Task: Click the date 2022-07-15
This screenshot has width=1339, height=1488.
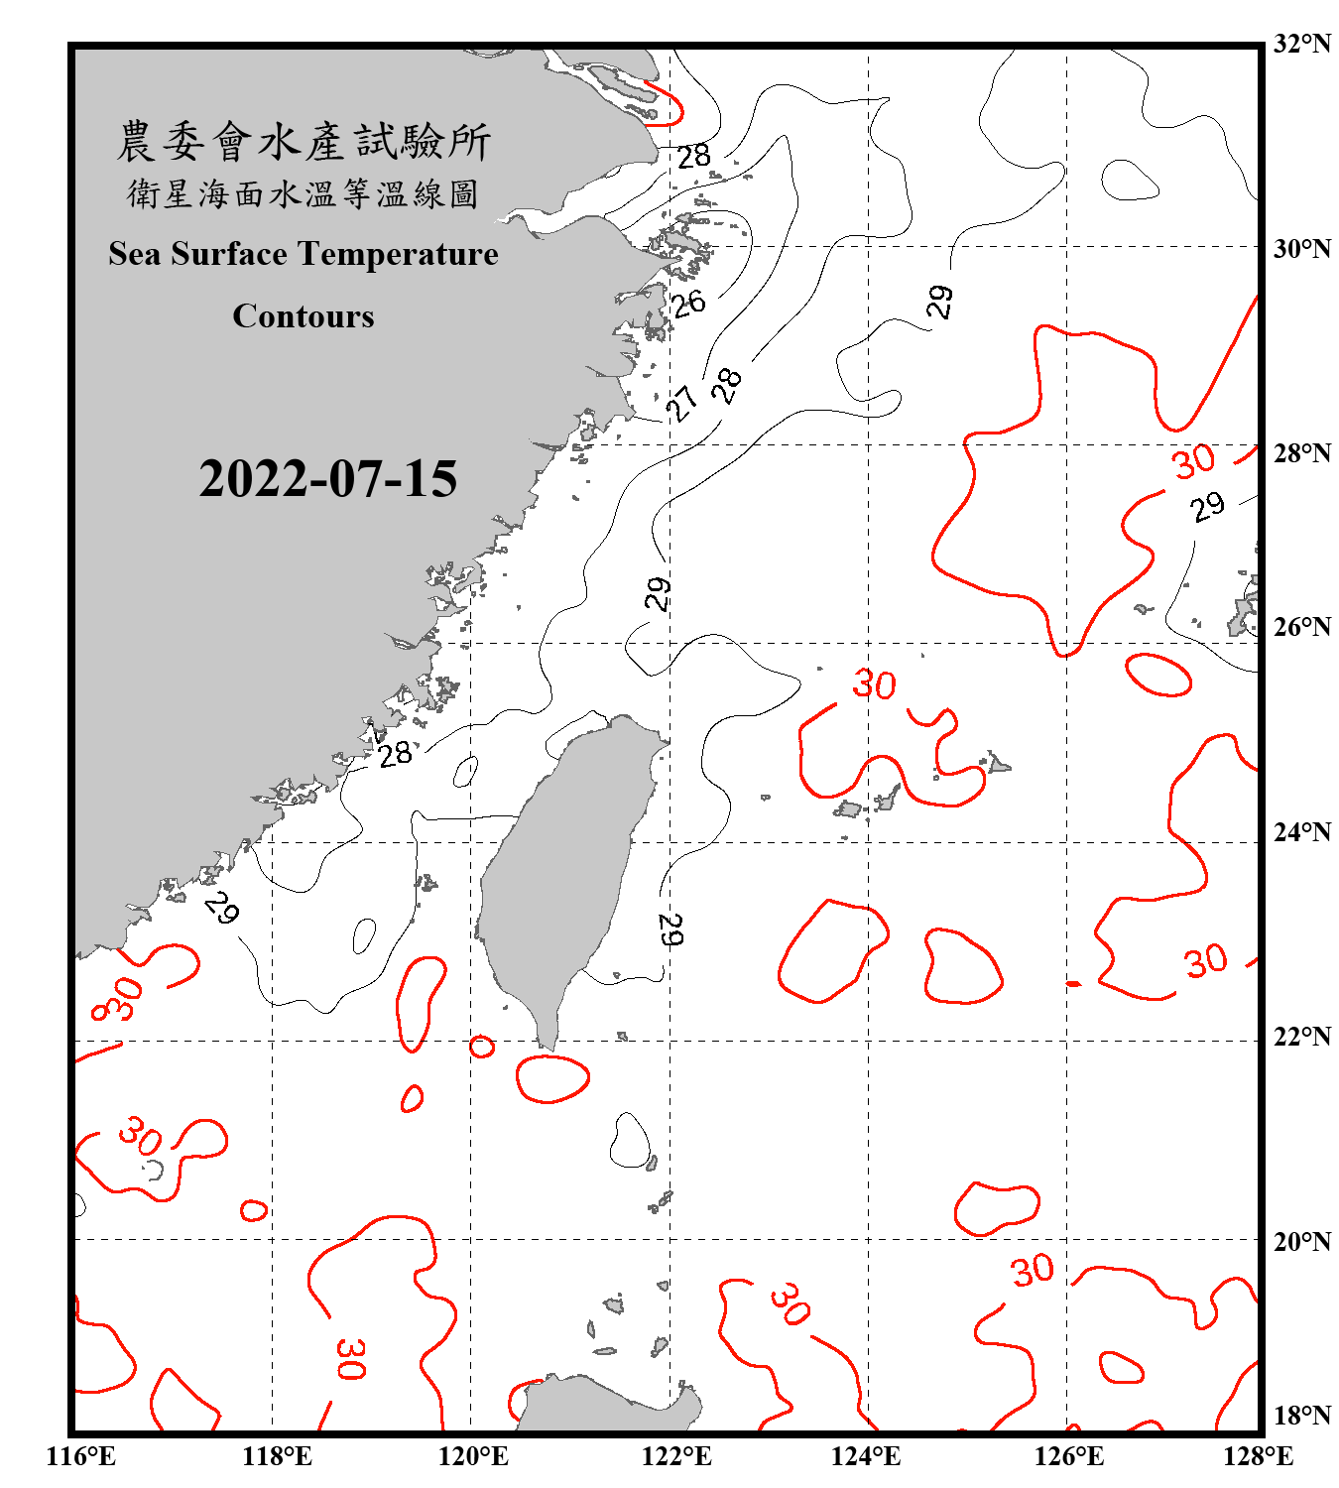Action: point(327,479)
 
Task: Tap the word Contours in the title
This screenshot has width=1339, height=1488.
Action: point(304,316)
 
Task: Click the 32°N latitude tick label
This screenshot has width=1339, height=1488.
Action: point(1301,44)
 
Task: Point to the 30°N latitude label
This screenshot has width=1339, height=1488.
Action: point(1301,248)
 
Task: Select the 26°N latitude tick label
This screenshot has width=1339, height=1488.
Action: point(1301,627)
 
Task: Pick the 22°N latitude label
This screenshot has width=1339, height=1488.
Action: point(1301,1037)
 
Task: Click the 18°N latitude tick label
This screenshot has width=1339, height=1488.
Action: point(1301,1416)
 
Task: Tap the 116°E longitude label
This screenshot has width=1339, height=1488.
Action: point(80,1456)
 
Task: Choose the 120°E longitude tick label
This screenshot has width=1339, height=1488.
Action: point(473,1456)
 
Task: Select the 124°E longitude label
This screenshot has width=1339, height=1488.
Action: point(866,1456)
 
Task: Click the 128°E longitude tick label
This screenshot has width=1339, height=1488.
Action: point(1258,1456)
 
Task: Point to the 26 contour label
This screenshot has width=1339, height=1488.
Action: point(688,303)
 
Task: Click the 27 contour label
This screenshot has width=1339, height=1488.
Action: point(682,403)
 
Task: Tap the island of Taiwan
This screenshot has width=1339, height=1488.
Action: point(560,873)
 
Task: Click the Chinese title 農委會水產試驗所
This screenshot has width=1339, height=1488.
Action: point(304,141)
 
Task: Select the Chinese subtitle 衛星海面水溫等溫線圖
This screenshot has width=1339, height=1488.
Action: point(304,193)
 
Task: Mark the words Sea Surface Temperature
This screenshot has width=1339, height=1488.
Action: point(304,254)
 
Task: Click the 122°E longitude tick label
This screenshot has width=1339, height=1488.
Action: point(676,1456)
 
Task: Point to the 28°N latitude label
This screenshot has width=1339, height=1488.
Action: point(1301,453)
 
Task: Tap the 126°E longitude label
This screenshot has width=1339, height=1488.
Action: point(1069,1456)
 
